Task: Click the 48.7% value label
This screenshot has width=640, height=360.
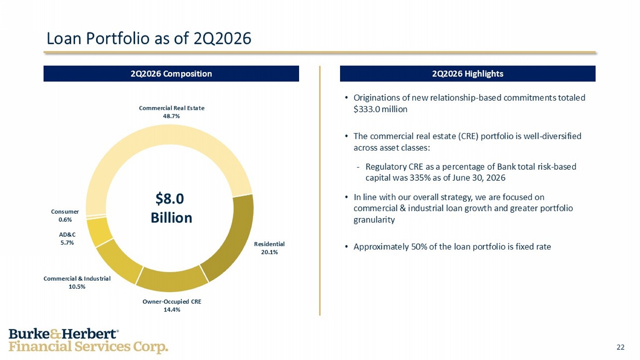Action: click(172, 116)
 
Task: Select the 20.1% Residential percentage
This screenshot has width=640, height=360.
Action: click(269, 252)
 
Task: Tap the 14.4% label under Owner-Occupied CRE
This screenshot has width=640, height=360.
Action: click(172, 309)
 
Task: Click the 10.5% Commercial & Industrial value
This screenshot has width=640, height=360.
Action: click(77, 287)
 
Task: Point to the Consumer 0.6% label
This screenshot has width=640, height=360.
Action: click(65, 216)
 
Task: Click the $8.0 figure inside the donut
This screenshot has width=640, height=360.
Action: click(170, 199)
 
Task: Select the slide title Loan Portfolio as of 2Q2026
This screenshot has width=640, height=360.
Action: click(149, 38)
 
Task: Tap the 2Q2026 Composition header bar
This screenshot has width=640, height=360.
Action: click(171, 74)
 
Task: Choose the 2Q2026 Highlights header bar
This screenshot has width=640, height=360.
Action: click(468, 74)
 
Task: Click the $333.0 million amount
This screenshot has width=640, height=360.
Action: click(380, 110)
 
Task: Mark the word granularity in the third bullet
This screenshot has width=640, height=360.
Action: click(374, 220)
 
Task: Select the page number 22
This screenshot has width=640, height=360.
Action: click(620, 347)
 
